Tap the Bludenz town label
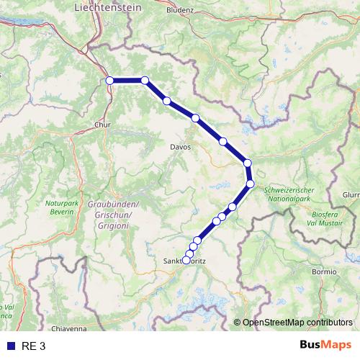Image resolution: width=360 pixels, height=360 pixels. tap(179, 11)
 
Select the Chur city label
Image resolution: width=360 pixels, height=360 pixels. tap(102, 124)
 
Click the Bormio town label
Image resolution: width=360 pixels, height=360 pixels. tap(324, 271)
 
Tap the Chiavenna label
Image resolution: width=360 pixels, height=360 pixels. tap(70, 328)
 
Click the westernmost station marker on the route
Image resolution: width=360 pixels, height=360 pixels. tap(110, 81)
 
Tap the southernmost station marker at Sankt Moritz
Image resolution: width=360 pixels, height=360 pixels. tap(186, 261)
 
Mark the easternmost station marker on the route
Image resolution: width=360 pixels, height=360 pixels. tap(251, 184)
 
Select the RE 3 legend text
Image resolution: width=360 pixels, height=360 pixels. tap(32, 346)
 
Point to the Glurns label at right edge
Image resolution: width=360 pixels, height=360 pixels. tap(351, 194)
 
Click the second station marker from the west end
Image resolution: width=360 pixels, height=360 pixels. tap(145, 81)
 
